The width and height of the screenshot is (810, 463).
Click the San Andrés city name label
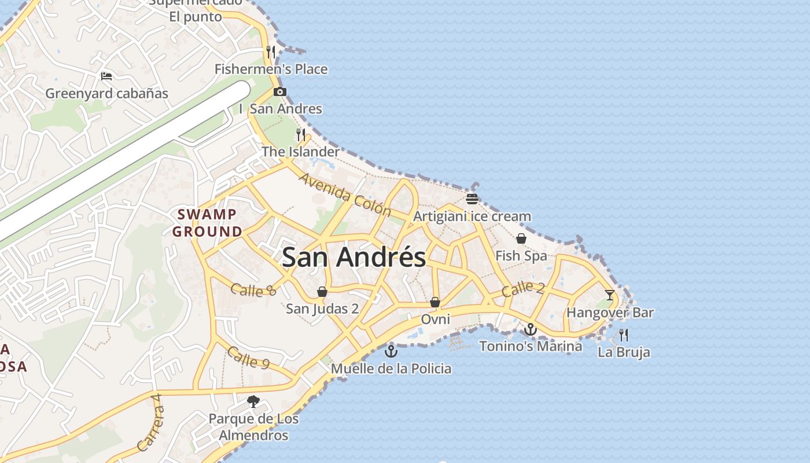point(354,257)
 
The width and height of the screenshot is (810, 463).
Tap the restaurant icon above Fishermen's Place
point(271,52)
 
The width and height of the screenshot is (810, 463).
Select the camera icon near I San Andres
point(280,91)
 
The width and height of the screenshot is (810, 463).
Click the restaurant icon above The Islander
point(301,135)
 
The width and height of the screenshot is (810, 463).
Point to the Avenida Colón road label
point(345,194)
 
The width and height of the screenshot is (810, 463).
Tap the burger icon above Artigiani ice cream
point(472,199)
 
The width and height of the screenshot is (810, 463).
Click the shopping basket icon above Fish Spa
point(521,238)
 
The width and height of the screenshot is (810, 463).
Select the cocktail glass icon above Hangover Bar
point(610,295)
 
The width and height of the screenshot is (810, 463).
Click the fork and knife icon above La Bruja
point(624,335)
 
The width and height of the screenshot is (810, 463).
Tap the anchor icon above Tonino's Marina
point(531,329)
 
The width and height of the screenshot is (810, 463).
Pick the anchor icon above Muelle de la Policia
point(392,351)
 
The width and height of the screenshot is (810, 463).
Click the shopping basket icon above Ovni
point(435,302)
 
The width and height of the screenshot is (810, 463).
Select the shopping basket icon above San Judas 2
point(322,292)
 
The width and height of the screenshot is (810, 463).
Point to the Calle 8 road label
point(253,289)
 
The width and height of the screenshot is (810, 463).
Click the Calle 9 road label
point(248,357)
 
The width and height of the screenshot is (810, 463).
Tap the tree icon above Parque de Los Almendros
point(253,401)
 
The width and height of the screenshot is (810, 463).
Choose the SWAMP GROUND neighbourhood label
point(207,223)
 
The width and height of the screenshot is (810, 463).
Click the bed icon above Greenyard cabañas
point(106,76)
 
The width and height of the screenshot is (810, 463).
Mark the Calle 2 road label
point(523,288)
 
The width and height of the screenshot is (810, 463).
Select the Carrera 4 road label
point(149,422)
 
